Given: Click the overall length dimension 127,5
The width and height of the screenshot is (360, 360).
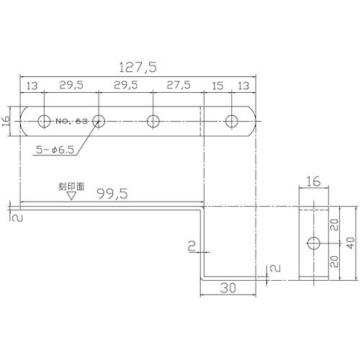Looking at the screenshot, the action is pyautogui.click(x=138, y=67).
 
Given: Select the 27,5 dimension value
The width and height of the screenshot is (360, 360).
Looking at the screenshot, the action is pyautogui.click(x=179, y=85).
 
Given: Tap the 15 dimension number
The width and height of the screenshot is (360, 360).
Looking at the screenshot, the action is pyautogui.click(x=217, y=86).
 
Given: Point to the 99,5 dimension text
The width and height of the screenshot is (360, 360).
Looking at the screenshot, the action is pyautogui.click(x=113, y=194).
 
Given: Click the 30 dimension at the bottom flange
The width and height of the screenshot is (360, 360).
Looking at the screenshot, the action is pyautogui.click(x=228, y=288).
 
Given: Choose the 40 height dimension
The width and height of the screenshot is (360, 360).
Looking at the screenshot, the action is pyautogui.click(x=351, y=243).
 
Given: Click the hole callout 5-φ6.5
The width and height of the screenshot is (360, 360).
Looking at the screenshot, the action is pyautogui.click(x=55, y=150).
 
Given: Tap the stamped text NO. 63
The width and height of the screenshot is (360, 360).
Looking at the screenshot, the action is pyautogui.click(x=71, y=121).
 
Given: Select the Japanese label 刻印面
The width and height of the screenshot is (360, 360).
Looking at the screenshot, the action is pyautogui.click(x=71, y=186).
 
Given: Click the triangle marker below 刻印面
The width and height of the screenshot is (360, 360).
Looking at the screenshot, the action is pyautogui.click(x=71, y=196).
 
